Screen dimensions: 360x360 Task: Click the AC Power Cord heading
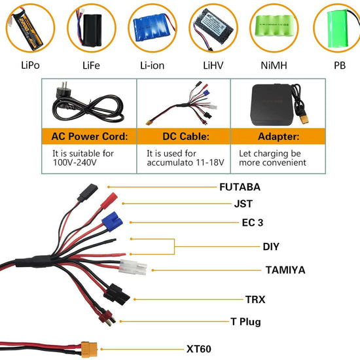[x=90, y=138]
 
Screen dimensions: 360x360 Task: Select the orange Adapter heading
[x=278, y=138]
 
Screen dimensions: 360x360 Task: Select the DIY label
[x=271, y=247]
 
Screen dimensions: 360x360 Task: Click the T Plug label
[x=245, y=321]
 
